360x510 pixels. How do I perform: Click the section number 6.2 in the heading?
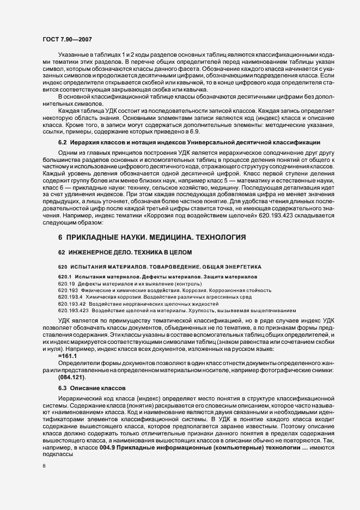point(62,157)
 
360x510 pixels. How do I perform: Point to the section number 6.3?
point(62,387)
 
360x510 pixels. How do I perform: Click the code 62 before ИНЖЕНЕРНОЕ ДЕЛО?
point(62,252)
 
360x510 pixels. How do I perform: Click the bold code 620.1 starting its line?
point(65,277)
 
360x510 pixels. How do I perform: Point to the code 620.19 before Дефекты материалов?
point(66,284)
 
